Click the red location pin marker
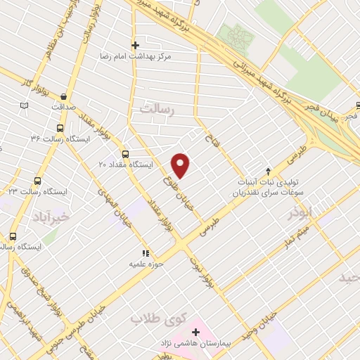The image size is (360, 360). tap(181, 165)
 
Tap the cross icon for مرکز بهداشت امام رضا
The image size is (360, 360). tap(135, 45)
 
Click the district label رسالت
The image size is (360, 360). tap(155, 109)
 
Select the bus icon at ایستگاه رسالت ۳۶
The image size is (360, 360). tap(59, 129)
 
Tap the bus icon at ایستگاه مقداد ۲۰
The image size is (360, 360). tap(125, 154)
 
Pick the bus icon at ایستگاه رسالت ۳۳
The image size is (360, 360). tap(37, 181)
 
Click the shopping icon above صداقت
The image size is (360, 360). tap(64, 97)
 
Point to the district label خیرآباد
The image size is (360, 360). tap(51, 217)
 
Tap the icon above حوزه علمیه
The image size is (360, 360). tap(146, 253)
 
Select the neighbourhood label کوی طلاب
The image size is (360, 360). tap(155, 319)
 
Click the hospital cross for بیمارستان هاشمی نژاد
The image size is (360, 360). tap(195, 330)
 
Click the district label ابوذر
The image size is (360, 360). tap(299, 213)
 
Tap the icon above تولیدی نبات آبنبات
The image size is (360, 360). tap(267, 170)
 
